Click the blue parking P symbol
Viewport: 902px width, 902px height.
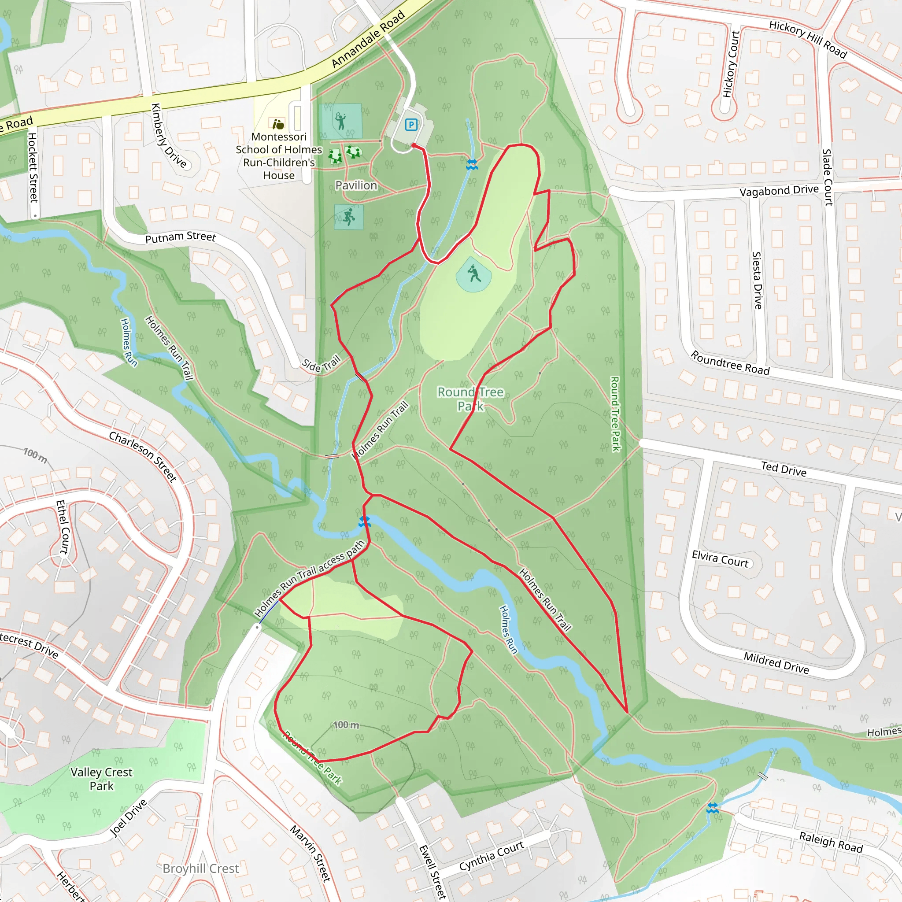point(411,125)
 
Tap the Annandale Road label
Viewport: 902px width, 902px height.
point(368,40)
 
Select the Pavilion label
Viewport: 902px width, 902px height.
point(356,185)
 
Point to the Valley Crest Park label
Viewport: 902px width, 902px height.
point(101,779)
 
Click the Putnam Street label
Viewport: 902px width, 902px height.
point(180,237)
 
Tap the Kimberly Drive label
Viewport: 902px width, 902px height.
point(169,135)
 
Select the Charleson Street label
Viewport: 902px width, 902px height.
point(143,456)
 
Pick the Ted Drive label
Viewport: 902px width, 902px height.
point(784,469)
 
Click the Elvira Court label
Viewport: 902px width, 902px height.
point(720,558)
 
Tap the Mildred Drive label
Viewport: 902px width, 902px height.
point(776,663)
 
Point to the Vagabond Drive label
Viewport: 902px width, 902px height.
point(779,190)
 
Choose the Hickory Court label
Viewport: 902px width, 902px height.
point(731,64)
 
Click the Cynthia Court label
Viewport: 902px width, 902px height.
point(491,856)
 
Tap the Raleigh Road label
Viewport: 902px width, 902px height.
point(831,842)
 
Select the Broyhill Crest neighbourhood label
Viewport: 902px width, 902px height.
point(200,869)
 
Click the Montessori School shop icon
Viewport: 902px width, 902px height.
point(278,124)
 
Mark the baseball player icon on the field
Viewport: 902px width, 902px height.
point(474,273)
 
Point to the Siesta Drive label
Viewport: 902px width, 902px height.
point(757,280)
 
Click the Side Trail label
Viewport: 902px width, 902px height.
point(321,363)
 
